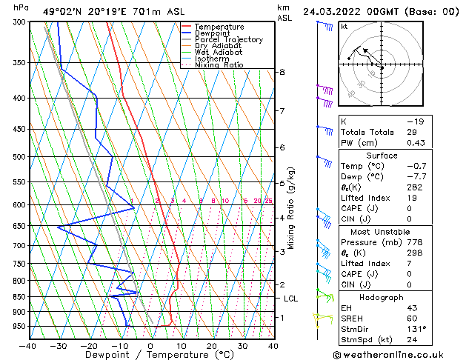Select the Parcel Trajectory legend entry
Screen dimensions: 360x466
[228, 40]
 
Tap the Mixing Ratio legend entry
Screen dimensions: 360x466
[219, 65]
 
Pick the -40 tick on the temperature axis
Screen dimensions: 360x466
[27, 345]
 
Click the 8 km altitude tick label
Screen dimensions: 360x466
[282, 72]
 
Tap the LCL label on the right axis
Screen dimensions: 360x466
[290, 299]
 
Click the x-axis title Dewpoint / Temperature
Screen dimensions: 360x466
[150, 355]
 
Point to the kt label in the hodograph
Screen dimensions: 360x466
[344, 26]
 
